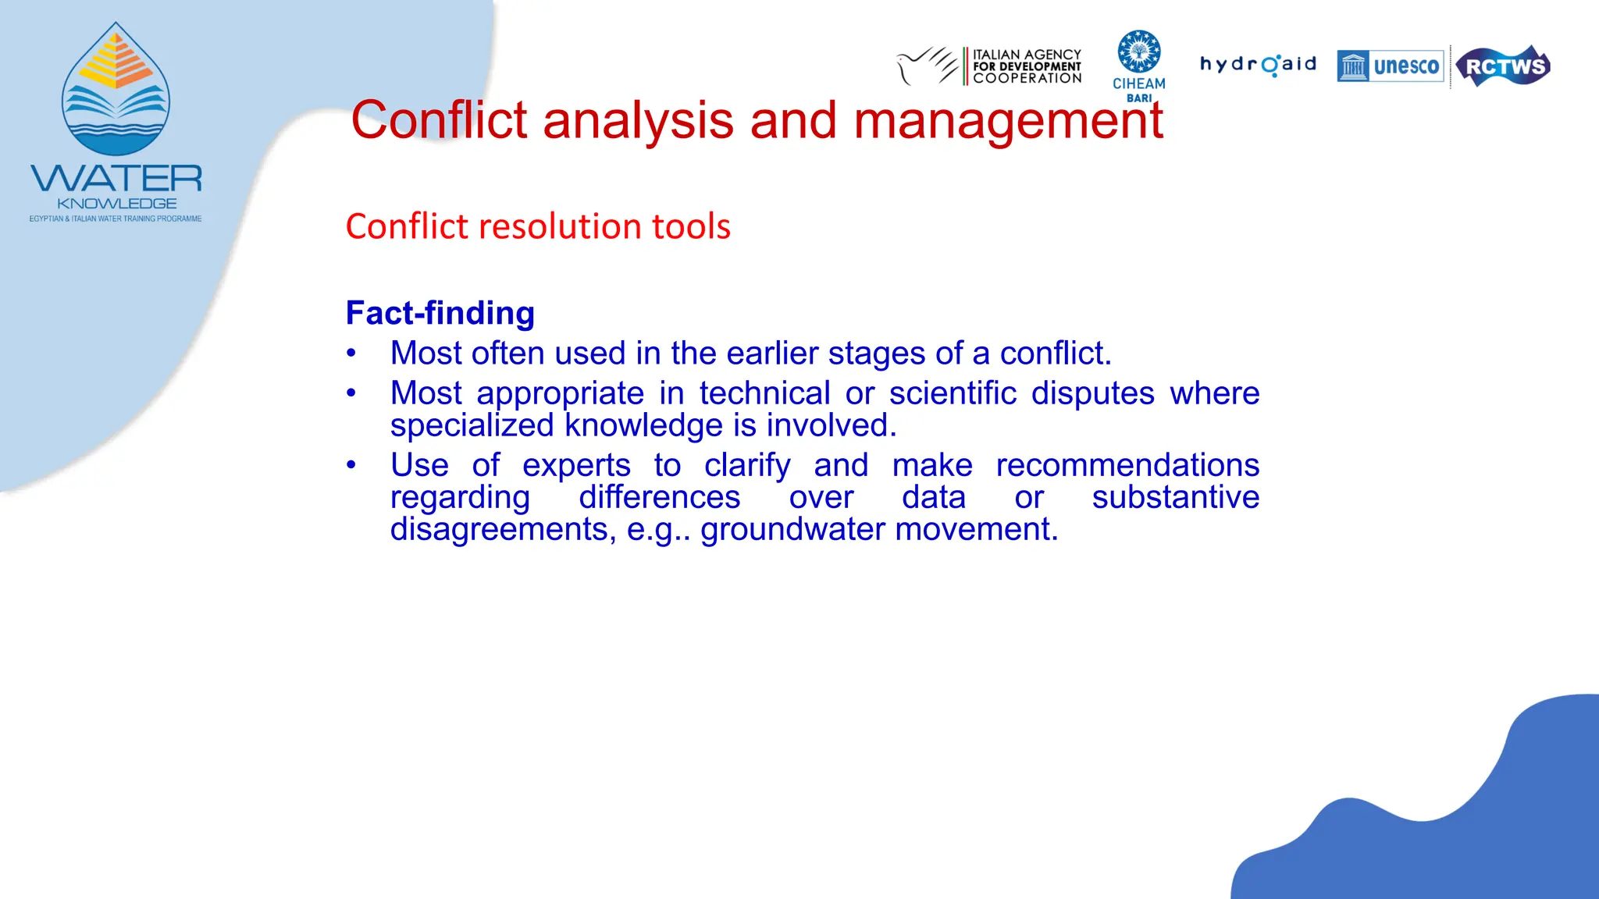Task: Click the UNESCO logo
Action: pyautogui.click(x=1390, y=66)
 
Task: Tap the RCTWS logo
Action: pyautogui.click(x=1504, y=66)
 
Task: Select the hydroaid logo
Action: pyautogui.click(x=1258, y=64)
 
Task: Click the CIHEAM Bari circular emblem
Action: pyautogui.click(x=1138, y=52)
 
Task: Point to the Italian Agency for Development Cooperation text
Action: pyautogui.click(x=1026, y=66)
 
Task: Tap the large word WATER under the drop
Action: pyautogui.click(x=116, y=179)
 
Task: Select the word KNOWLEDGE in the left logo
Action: pyautogui.click(x=116, y=204)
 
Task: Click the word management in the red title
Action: pyautogui.click(x=1008, y=121)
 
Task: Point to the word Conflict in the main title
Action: pyautogui.click(x=439, y=121)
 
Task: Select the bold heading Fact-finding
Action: pyautogui.click(x=440, y=313)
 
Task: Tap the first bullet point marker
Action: pyautogui.click(x=351, y=354)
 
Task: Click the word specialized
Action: pyautogui.click(x=472, y=425)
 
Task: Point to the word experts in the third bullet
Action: pyautogui.click(x=575, y=465)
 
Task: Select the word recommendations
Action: pyautogui.click(x=1127, y=465)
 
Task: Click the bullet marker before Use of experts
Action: pyautogui.click(x=351, y=465)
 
